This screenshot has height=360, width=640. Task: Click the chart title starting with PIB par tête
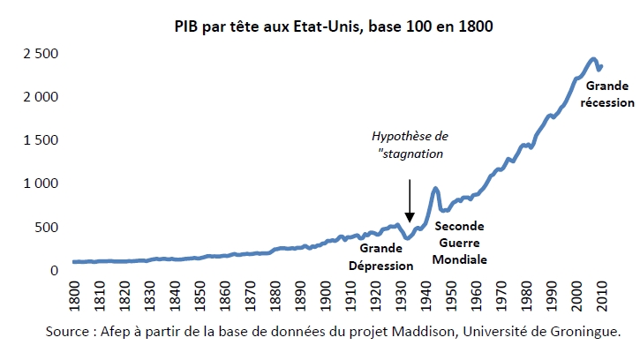pos(333,27)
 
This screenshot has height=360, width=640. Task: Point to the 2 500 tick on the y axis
pos(41,54)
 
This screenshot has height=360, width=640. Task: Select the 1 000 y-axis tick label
pos(41,184)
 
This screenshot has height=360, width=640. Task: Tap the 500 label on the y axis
pos(46,227)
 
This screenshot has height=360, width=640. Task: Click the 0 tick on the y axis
pos(54,271)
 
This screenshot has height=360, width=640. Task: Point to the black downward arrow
pos(409,199)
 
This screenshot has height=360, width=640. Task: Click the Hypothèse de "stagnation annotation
pos(410,146)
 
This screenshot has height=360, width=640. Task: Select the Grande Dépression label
pos(381,258)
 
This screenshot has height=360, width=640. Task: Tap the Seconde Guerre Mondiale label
pos(459,243)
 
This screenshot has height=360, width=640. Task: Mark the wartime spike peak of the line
pos(436,188)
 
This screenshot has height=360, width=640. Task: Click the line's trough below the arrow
pos(408,238)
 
